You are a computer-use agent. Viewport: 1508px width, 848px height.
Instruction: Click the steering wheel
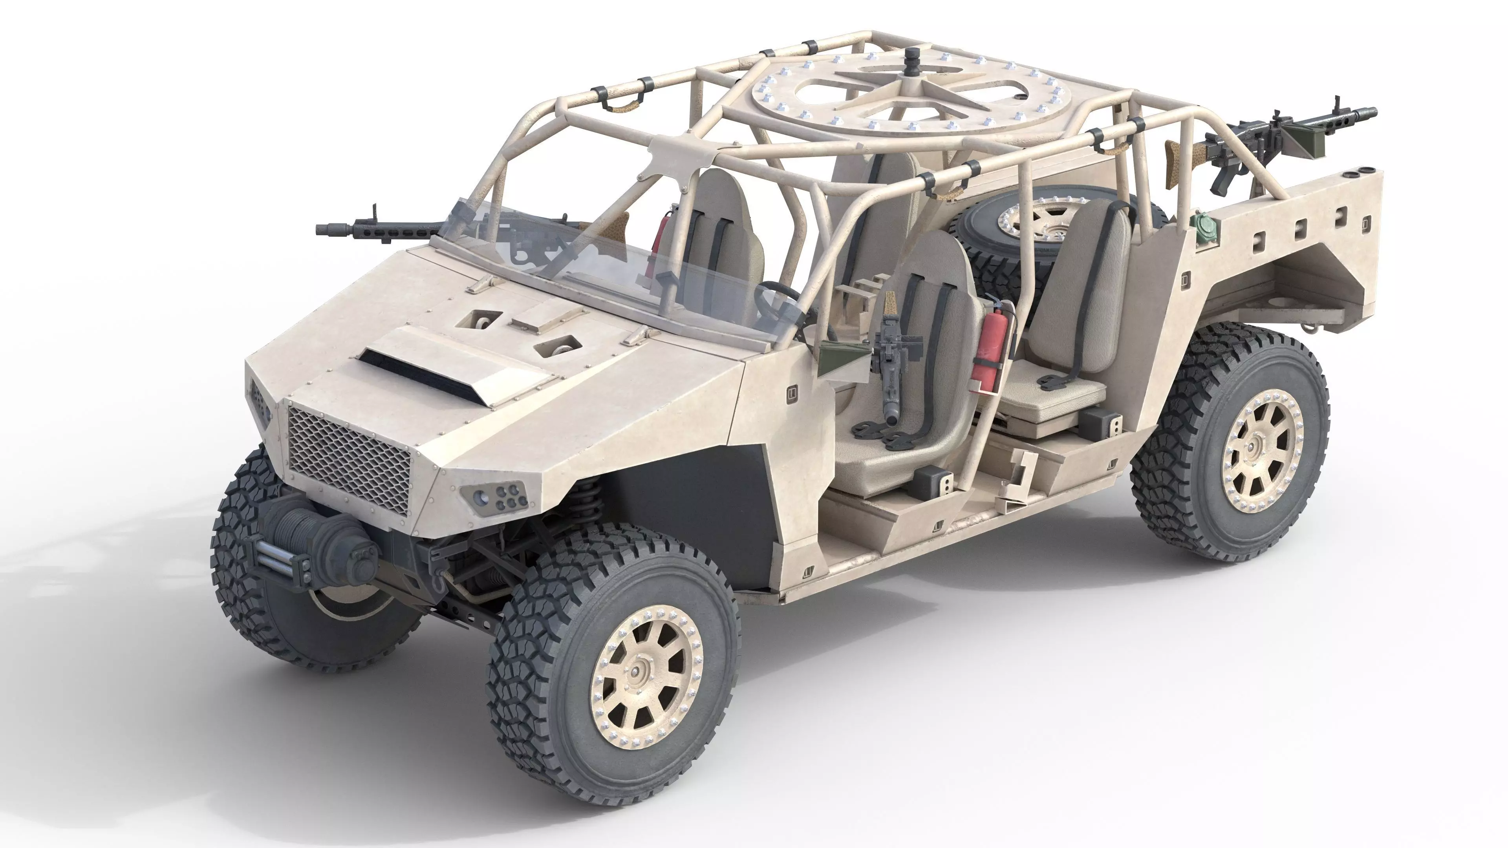tap(779, 298)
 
